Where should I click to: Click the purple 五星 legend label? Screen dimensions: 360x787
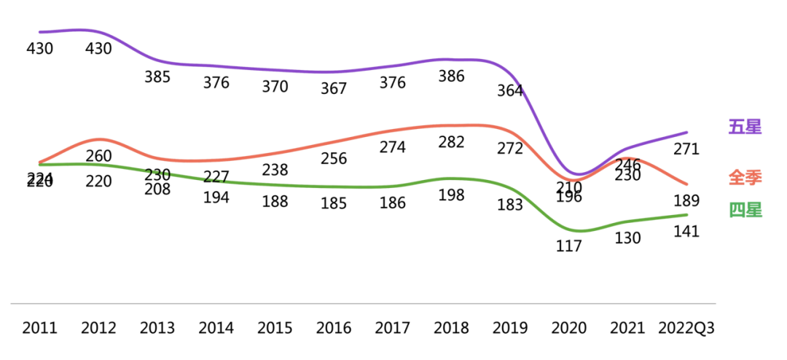[x=745, y=127]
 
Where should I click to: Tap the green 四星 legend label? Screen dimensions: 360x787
[x=745, y=211]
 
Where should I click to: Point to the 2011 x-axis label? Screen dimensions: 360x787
[x=39, y=328]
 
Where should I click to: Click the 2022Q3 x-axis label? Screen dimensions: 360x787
[x=686, y=328]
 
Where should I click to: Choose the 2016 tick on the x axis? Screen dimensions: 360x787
[x=334, y=328]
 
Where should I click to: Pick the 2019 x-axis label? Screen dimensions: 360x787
[x=510, y=328]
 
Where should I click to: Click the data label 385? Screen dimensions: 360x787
[x=157, y=76]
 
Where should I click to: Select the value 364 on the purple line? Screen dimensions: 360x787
[x=510, y=91]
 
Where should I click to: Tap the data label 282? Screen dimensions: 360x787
[x=451, y=142]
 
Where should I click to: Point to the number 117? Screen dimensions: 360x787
[x=568, y=246]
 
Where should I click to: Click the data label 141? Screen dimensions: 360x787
[x=686, y=232]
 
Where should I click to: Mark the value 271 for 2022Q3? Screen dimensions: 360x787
[x=686, y=149]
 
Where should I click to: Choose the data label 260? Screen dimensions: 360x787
[x=98, y=156]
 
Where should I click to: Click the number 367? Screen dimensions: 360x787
[x=334, y=89]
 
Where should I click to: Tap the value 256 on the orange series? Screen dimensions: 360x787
[x=334, y=159]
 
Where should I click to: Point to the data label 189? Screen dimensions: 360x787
[x=686, y=201]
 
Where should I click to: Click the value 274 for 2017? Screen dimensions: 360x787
[x=393, y=147]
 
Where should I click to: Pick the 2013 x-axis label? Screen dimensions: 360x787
[x=157, y=328]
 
